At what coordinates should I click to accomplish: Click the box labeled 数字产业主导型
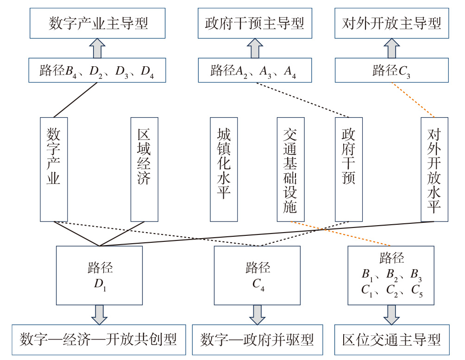pyautogui.click(x=98, y=23)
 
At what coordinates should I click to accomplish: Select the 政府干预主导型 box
pyautogui.click(x=255, y=23)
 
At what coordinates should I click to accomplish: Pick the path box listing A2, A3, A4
pyautogui.click(x=255, y=70)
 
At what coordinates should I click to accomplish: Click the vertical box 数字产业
pyautogui.click(x=54, y=169)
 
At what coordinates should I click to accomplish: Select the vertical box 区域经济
pyautogui.click(x=144, y=169)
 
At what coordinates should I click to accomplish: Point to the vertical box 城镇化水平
pyautogui.click(x=224, y=169)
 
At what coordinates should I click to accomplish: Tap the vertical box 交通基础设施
pyautogui.click(x=290, y=169)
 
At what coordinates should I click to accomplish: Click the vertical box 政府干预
pyautogui.click(x=348, y=169)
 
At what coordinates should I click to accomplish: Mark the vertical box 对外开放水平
pyautogui.click(x=434, y=169)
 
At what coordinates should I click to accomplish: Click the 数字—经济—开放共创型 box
pyautogui.click(x=98, y=340)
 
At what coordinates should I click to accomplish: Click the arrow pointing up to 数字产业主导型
pyautogui.click(x=98, y=48)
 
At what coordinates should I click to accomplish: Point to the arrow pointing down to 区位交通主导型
pyautogui.click(x=391, y=315)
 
